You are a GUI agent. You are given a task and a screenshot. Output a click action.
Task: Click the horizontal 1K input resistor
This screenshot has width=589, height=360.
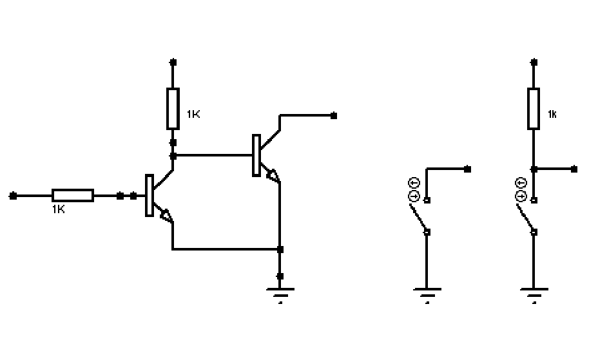(73, 196)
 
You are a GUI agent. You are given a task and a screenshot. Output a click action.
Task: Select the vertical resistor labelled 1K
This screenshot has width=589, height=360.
(173, 109)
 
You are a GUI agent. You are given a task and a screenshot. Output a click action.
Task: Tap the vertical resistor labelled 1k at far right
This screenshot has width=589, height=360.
(534, 109)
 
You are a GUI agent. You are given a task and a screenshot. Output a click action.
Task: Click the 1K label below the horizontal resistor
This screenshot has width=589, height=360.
(58, 209)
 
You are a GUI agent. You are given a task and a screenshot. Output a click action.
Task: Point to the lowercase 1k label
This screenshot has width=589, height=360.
(552, 114)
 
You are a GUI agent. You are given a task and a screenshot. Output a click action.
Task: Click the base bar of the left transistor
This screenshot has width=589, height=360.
(149, 196)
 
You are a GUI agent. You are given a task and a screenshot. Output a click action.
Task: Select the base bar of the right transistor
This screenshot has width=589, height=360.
(256, 155)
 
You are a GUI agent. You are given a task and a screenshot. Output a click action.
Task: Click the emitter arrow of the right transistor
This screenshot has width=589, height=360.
(273, 175)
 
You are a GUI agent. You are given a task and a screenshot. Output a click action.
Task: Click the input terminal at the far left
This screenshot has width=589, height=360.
(13, 196)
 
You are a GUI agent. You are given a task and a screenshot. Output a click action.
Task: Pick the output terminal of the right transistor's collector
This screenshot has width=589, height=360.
(334, 116)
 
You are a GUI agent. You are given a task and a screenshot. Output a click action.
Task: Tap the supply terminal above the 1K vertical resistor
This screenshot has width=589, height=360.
(173, 62)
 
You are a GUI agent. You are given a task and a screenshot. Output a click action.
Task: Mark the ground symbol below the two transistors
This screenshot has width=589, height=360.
(280, 295)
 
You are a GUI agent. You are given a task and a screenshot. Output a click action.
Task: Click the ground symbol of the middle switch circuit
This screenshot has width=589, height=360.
(427, 295)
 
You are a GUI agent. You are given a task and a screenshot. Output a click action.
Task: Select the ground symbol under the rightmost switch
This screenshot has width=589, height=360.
(534, 295)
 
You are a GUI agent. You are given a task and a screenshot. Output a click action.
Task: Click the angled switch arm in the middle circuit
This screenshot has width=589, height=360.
(418, 217)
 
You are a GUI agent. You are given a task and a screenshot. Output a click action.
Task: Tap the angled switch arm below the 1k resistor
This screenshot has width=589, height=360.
(525, 217)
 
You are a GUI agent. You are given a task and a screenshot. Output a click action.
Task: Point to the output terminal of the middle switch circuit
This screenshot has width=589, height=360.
(467, 169)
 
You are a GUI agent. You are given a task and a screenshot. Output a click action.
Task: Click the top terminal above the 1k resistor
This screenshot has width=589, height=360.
(534, 62)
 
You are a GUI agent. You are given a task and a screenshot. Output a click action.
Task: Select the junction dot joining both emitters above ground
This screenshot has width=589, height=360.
(280, 249)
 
